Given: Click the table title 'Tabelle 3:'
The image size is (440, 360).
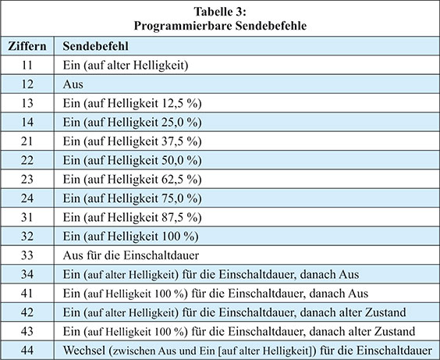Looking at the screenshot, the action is pos(220,12).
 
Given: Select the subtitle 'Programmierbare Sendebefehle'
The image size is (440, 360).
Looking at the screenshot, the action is pos(220,26).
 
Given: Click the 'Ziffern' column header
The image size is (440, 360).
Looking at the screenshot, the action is pos(27,46).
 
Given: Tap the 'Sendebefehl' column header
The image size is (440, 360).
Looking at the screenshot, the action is pos(95,46).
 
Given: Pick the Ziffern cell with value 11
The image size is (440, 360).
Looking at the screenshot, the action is pos(27,65).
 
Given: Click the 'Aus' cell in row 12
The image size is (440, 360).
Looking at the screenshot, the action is pos(73,84).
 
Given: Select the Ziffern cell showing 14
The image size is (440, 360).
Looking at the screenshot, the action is pos(27,122).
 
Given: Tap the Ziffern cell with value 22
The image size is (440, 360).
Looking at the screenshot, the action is pos(27,160).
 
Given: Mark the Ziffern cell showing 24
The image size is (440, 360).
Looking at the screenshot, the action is pos(27,198).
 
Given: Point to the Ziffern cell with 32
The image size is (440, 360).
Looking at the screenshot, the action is pos(27,236).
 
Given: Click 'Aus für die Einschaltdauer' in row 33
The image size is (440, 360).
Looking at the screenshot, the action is pos(131,255).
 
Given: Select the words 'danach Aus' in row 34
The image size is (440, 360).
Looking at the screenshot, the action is pos(329,274).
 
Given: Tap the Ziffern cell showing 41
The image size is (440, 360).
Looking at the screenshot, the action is pos(27,294).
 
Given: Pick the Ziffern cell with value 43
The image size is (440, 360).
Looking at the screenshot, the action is pos(27,331).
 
